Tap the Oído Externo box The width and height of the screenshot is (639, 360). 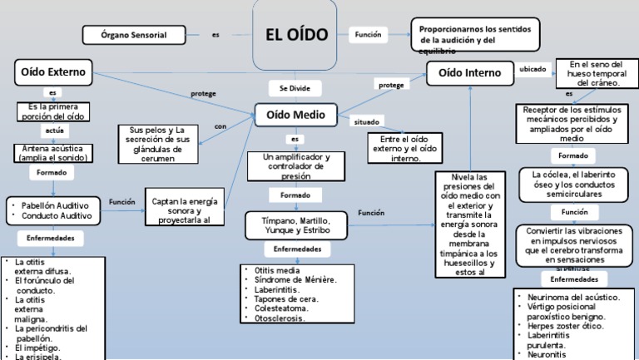53,71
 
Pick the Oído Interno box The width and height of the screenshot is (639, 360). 469,73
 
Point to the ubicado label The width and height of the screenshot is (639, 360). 533,70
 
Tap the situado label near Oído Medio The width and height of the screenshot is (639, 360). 366,121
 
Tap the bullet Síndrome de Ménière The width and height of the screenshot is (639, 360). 291,280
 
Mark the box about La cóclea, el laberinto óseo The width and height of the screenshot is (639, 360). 573,185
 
